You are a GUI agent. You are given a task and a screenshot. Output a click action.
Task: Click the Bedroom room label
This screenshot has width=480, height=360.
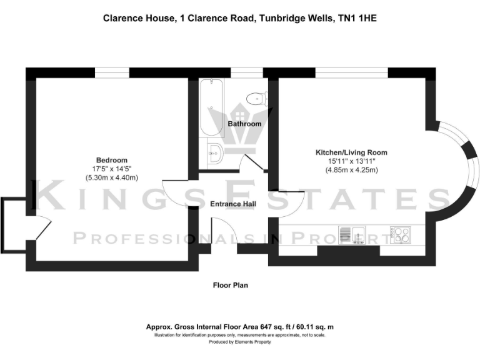(x=111, y=160)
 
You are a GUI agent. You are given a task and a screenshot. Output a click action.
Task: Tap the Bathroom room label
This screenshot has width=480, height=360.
(x=244, y=124)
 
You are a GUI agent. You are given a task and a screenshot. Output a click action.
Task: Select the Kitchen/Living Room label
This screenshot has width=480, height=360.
(x=351, y=152)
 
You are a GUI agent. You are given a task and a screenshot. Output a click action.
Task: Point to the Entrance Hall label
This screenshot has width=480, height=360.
(x=232, y=204)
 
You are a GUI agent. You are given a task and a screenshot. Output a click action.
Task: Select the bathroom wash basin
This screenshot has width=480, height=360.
(x=214, y=153)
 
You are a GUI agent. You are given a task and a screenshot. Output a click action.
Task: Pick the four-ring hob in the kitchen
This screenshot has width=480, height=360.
(x=400, y=235)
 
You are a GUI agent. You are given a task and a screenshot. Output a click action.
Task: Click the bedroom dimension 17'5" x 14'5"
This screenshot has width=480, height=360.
(x=111, y=169)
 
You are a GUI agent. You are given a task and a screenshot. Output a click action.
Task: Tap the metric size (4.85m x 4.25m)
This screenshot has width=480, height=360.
(x=351, y=170)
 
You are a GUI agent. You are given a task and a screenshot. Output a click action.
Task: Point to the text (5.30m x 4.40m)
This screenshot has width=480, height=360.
(x=111, y=178)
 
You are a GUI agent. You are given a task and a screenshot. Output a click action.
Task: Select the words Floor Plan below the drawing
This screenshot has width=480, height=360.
(x=231, y=286)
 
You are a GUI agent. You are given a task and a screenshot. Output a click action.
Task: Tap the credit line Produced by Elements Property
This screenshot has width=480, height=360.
(x=239, y=342)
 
